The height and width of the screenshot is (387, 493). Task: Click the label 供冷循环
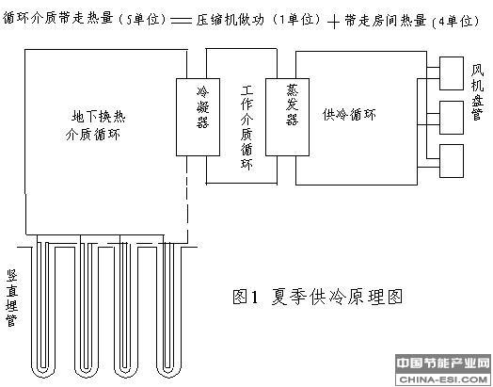[349, 114]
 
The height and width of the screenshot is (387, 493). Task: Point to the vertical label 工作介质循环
[246, 127]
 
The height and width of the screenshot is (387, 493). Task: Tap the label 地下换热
[99, 117]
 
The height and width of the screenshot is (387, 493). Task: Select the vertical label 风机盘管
[477, 92]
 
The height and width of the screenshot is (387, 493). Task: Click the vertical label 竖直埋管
[12, 298]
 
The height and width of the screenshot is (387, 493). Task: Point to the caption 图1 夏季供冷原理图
[318, 297]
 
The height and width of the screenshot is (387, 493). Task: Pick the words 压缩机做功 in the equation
[231, 20]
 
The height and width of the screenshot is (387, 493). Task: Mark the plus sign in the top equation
[333, 22]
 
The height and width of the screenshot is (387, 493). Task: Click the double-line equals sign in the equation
[181, 21]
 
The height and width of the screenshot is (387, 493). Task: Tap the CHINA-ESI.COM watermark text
[443, 379]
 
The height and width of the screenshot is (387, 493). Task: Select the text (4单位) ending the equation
[456, 22]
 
